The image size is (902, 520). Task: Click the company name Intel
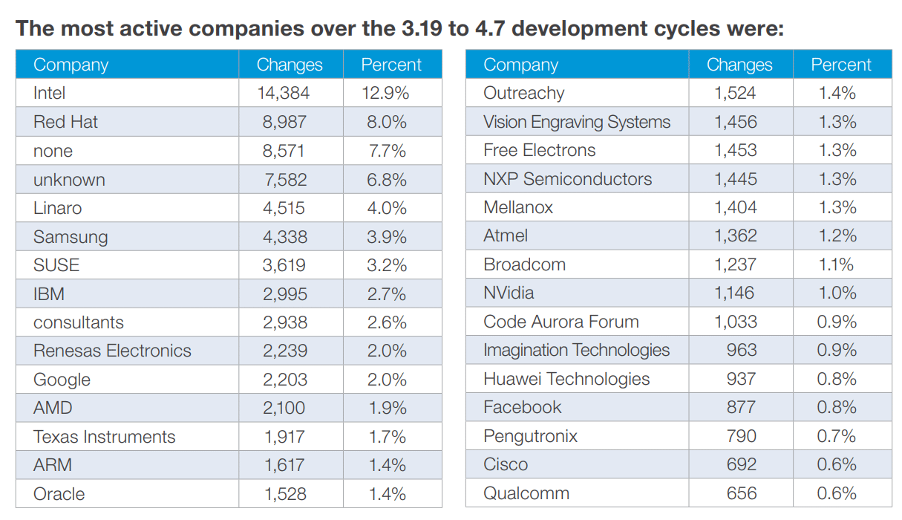pyautogui.click(x=50, y=94)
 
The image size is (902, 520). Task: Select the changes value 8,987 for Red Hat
pyautogui.click(x=284, y=123)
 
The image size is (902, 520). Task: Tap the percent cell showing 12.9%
pyautogui.click(x=388, y=94)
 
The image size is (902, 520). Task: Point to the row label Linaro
pyautogui.click(x=57, y=209)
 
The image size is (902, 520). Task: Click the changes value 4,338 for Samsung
pyautogui.click(x=284, y=237)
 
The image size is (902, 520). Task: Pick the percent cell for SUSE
pyautogui.click(x=388, y=266)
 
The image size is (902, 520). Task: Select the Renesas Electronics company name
pyautogui.click(x=112, y=351)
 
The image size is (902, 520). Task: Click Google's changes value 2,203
pyautogui.click(x=284, y=380)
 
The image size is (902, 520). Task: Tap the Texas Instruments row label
pyautogui.click(x=104, y=437)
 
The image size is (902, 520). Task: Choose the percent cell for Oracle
pyautogui.click(x=388, y=494)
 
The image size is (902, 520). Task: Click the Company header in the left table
pyautogui.click(x=71, y=65)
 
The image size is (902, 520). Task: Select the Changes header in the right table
pyautogui.click(x=739, y=65)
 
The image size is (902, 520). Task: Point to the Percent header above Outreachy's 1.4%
pyautogui.click(x=840, y=65)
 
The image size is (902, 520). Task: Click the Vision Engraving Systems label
pyautogui.click(x=577, y=122)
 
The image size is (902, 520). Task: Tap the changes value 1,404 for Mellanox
pyautogui.click(x=736, y=208)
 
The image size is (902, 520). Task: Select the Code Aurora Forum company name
pyautogui.click(x=561, y=322)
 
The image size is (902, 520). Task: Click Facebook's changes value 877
pyautogui.click(x=742, y=408)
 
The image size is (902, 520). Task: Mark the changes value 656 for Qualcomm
pyautogui.click(x=742, y=493)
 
